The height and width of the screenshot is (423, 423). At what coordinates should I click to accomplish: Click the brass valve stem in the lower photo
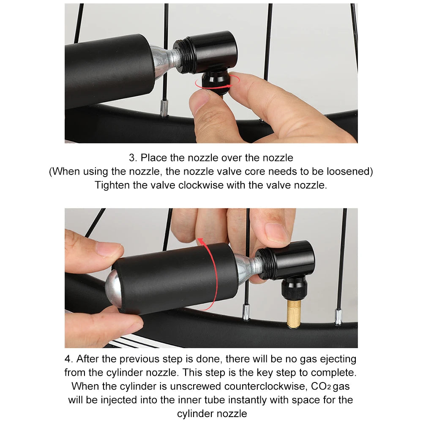[x=294, y=314]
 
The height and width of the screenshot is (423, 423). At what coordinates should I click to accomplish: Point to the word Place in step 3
[x=154, y=158]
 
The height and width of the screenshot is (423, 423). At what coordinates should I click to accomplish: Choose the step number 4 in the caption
[x=68, y=359]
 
